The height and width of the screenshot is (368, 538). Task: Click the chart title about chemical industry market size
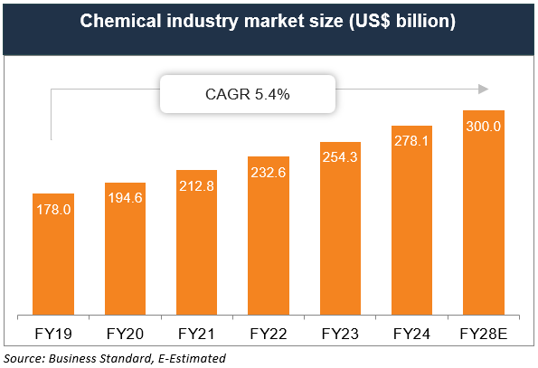click(x=269, y=22)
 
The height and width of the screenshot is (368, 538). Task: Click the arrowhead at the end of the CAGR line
click(x=483, y=89)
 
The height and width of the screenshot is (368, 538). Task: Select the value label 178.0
click(x=54, y=210)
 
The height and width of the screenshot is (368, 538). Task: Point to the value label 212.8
click(x=197, y=187)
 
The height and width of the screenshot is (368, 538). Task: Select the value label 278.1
click(x=412, y=142)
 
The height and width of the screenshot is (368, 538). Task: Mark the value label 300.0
click(x=484, y=127)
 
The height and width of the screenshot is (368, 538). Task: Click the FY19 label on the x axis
click(x=54, y=333)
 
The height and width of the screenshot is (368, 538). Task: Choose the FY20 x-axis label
click(x=126, y=333)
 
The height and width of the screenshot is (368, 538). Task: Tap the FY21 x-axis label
click(x=197, y=333)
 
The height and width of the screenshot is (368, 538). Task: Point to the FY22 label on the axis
click(x=269, y=333)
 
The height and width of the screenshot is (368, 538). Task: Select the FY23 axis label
click(x=341, y=333)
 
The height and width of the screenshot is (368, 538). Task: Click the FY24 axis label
click(x=412, y=333)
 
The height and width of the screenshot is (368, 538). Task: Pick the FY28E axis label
click(x=484, y=333)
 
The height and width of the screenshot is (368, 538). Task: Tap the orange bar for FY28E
click(x=484, y=226)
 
